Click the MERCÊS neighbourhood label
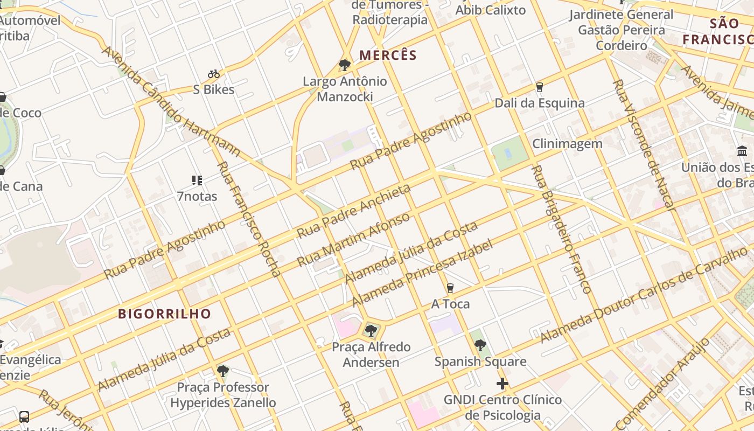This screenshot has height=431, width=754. pyautogui.click(x=388, y=55)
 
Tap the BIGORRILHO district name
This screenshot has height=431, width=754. pyautogui.click(x=164, y=314)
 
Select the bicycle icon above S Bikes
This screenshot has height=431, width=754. pyautogui.click(x=214, y=74)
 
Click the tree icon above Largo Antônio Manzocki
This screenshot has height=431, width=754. pyautogui.click(x=345, y=66)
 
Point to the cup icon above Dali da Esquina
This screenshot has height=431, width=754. pyautogui.click(x=539, y=87)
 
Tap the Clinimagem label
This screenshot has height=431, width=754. pyautogui.click(x=567, y=144)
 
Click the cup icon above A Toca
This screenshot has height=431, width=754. pyautogui.click(x=450, y=288)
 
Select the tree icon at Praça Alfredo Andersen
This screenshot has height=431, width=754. pyautogui.click(x=371, y=330)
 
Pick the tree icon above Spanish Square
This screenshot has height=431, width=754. pyautogui.click(x=480, y=345)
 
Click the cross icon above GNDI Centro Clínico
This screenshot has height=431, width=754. pyautogui.click(x=502, y=384)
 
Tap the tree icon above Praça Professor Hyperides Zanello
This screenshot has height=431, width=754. pyautogui.click(x=223, y=371)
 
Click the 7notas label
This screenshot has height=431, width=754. pyautogui.click(x=197, y=197)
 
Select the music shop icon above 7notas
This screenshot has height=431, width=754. pyautogui.click(x=197, y=180)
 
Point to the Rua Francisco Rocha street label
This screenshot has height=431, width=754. pyautogui.click(x=249, y=219)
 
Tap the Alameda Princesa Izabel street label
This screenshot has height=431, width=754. pyautogui.click(x=422, y=273)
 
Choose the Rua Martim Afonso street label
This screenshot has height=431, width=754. pyautogui.click(x=353, y=239)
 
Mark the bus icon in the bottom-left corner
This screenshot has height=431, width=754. pyautogui.click(x=24, y=416)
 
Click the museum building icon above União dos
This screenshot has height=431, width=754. pyautogui.click(x=742, y=151)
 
